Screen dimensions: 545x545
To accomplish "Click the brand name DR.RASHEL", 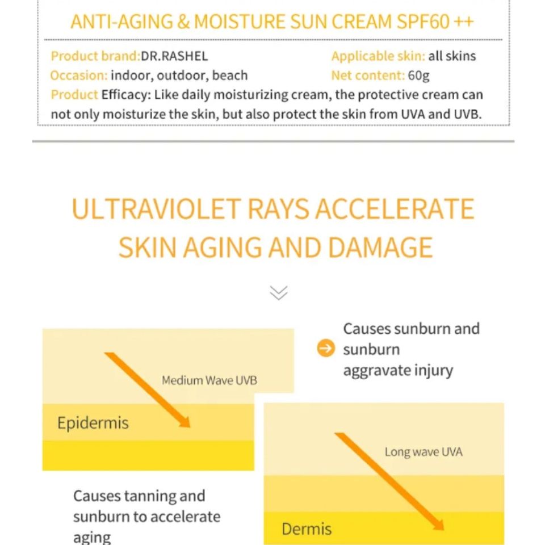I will click(174, 56).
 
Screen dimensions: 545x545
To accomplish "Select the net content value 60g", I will click(418, 76).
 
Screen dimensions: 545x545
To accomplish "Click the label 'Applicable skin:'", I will click(378, 56).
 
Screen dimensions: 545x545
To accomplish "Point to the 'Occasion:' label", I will click(78, 76).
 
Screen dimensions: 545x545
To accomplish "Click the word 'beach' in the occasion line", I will click(230, 76).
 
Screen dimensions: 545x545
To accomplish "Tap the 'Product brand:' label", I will click(95, 56).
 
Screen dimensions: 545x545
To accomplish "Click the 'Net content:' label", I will click(368, 76).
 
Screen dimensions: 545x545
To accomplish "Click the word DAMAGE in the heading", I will click(380, 248).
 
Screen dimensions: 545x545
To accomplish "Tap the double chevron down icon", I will click(278, 292).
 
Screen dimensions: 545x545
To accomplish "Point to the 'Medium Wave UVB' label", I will click(209, 380).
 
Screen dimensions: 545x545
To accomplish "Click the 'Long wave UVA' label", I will click(424, 452).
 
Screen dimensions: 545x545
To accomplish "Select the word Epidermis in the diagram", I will click(93, 423).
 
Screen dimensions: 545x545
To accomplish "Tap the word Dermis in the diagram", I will click(307, 529).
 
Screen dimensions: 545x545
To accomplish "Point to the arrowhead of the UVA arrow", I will click(438, 523).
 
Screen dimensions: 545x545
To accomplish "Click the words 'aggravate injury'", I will click(397, 371).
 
